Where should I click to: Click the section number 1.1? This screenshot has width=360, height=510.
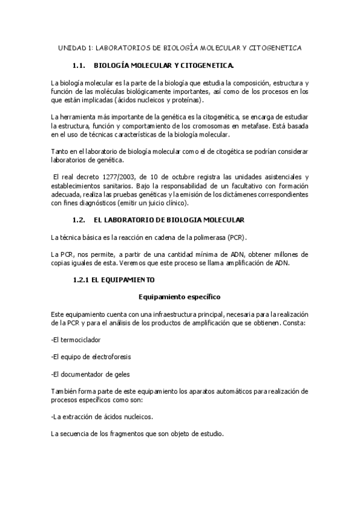79,64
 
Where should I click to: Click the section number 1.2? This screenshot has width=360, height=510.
79,221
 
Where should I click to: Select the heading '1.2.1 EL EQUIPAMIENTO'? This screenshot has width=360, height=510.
114,280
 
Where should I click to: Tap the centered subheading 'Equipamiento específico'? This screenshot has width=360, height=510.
179,296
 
